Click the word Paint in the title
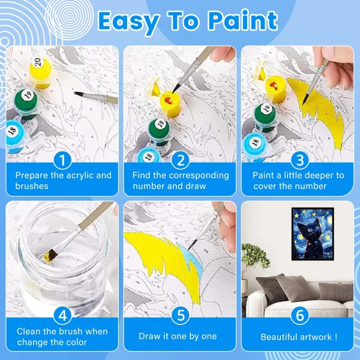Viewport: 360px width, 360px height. click(242, 20)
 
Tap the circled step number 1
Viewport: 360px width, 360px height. click(62, 160)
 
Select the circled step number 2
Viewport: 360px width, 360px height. click(181, 160)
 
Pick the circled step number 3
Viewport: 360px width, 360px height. click(300, 160)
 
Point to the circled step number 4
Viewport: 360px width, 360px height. click(62, 316)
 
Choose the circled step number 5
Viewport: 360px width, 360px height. click(181, 315)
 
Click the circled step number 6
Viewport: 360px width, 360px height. click(300, 315)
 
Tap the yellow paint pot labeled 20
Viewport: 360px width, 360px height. click(41, 73)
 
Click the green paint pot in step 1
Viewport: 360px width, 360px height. click(26, 103)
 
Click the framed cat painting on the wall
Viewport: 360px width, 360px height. click(313, 234)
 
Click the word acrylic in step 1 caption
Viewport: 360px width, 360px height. click(78, 175)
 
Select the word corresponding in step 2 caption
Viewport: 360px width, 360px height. click(199, 176)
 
